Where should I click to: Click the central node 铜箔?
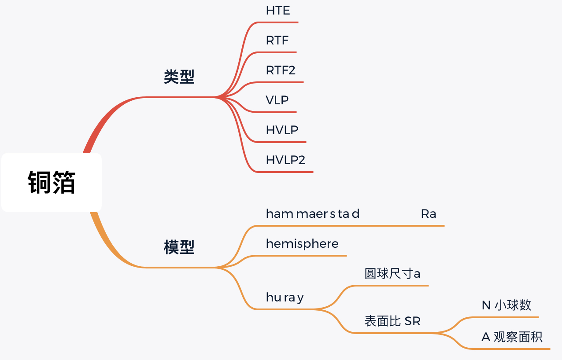52,182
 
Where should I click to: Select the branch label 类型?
179,77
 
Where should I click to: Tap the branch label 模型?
179,247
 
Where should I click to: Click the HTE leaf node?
278,11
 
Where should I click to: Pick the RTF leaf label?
277,41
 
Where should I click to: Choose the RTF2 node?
281,70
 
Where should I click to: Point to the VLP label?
277,100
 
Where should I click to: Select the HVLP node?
282,130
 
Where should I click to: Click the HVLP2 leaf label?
285,160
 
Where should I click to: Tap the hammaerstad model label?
313,214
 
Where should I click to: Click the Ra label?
428,214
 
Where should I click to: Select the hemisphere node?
302,244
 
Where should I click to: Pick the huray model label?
285,298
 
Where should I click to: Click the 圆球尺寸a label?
392,274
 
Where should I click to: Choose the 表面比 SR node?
392,321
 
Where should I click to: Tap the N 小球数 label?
507,305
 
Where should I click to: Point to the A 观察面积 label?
512,337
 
